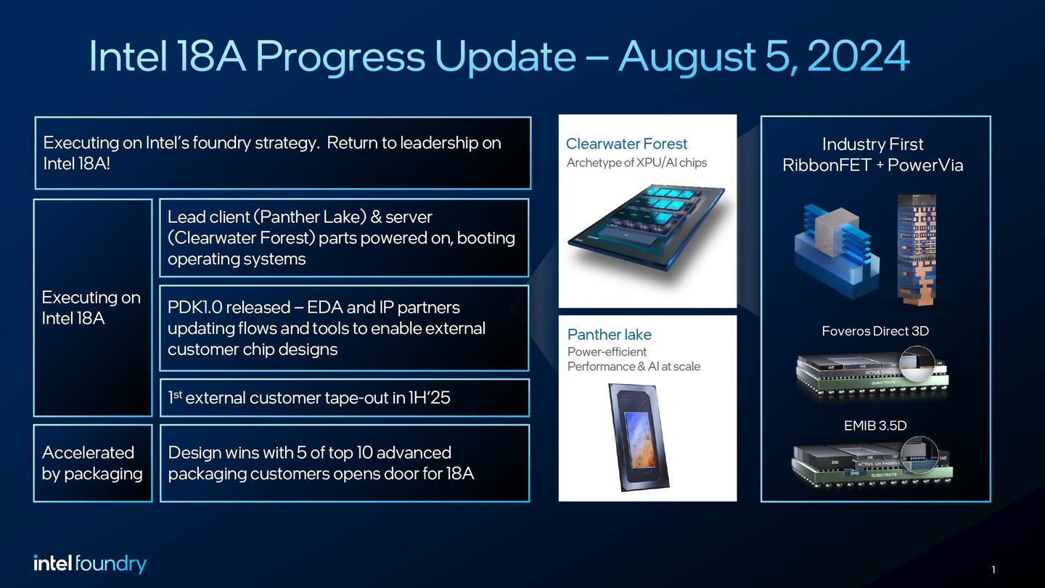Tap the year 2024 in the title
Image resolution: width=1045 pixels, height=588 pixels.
click(x=858, y=57)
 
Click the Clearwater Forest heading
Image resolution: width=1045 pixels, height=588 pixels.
click(x=626, y=144)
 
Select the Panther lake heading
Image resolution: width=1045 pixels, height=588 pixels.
click(x=609, y=335)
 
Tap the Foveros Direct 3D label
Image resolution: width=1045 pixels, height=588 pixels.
click(x=875, y=331)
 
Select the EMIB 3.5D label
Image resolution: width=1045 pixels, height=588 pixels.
click(x=875, y=425)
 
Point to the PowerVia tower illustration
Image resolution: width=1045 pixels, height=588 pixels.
click(x=916, y=247)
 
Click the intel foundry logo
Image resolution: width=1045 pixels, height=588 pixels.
click(x=90, y=564)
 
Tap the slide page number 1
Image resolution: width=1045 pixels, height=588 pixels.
click(x=993, y=570)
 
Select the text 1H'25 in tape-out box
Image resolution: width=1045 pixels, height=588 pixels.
click(x=428, y=398)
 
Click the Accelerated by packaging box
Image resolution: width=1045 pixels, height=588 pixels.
click(x=92, y=463)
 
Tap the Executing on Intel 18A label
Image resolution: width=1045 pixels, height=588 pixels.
click(x=91, y=308)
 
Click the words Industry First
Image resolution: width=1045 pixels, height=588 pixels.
click(x=872, y=144)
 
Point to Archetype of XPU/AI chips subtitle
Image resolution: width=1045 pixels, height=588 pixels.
click(x=636, y=163)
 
